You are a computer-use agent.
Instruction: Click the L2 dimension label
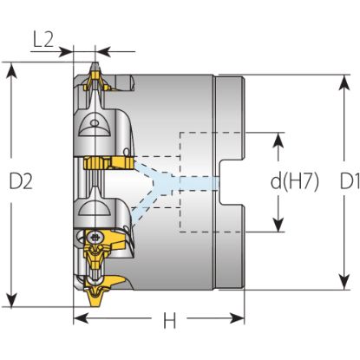point(43,40)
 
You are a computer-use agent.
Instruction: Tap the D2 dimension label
point(21,181)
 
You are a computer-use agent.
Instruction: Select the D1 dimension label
point(350,181)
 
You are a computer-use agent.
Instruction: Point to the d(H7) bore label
point(295,181)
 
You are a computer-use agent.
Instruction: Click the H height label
point(169,320)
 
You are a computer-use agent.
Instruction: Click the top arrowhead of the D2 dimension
point(11,72)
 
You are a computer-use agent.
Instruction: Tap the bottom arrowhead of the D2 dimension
point(11,298)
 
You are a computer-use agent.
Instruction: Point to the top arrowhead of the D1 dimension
point(344,83)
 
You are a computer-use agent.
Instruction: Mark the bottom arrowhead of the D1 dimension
point(344,281)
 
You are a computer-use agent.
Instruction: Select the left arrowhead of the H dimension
point(82,318)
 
